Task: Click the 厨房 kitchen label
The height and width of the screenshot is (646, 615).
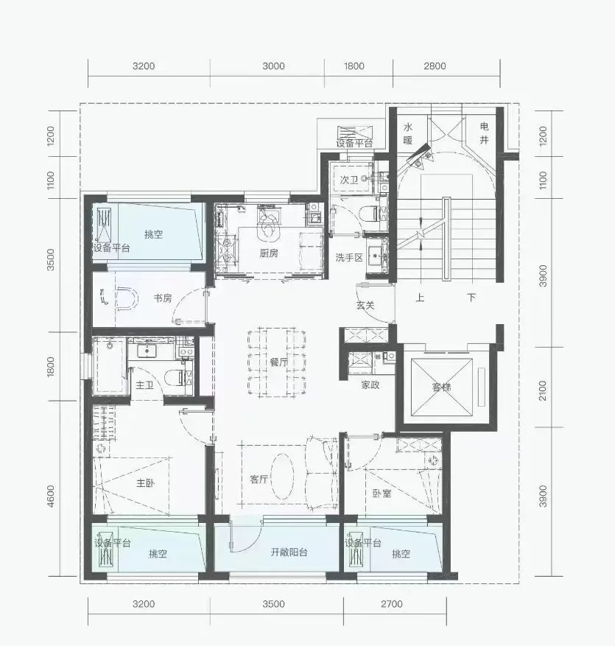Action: pyautogui.click(x=269, y=253)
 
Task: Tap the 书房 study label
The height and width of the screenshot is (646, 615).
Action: pyautogui.click(x=163, y=298)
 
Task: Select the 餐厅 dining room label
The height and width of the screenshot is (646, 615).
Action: pyautogui.click(x=279, y=362)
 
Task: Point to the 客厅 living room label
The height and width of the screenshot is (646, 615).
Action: pyautogui.click(x=259, y=479)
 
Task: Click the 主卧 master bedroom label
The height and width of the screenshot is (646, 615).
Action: pyautogui.click(x=145, y=482)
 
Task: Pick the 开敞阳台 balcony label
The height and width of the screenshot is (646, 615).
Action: pyautogui.click(x=289, y=552)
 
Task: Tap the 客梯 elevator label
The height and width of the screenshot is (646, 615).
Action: pyautogui.click(x=442, y=387)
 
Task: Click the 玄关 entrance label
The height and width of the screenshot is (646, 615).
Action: pyautogui.click(x=365, y=305)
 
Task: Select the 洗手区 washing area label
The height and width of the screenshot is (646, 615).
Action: pyautogui.click(x=349, y=258)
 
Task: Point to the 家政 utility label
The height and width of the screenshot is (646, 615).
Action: pyautogui.click(x=370, y=385)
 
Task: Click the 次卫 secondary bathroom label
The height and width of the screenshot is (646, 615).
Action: pyautogui.click(x=349, y=180)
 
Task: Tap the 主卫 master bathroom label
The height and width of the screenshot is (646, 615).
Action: pyautogui.click(x=144, y=385)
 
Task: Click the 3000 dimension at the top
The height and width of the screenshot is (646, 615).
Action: pyautogui.click(x=273, y=66)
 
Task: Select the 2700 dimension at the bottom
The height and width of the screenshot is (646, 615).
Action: pyautogui.click(x=391, y=604)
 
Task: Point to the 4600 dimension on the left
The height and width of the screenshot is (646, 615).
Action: pyautogui.click(x=51, y=496)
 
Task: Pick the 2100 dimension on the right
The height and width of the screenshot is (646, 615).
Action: pyautogui.click(x=543, y=390)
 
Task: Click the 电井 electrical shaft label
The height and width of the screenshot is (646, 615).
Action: pyautogui.click(x=484, y=133)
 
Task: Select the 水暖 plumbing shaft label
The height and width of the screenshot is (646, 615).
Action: pyautogui.click(x=408, y=133)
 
